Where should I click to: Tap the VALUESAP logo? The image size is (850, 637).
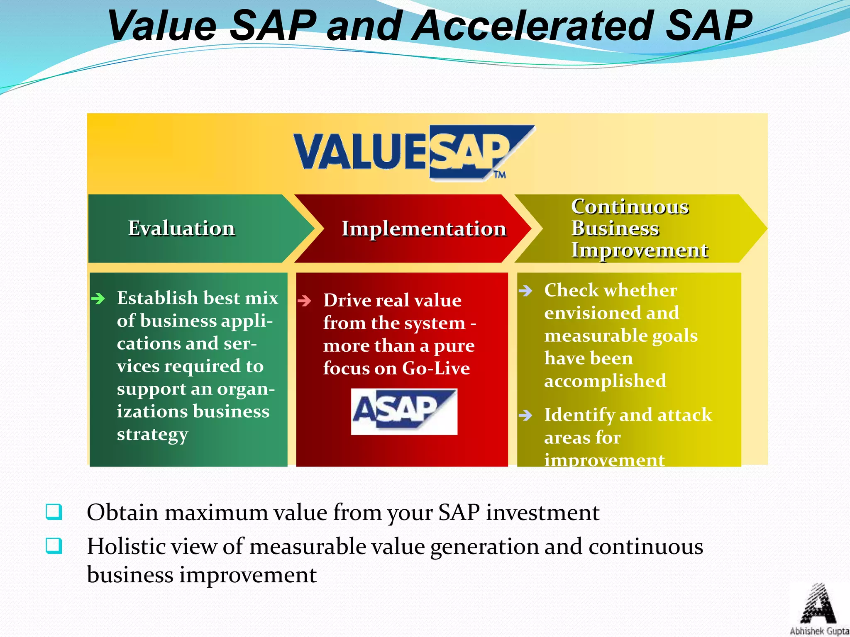point(413,153)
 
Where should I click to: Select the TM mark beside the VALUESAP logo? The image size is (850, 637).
point(500,175)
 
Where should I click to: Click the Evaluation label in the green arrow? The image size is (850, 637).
point(181,229)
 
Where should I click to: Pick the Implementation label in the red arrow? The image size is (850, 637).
point(424,229)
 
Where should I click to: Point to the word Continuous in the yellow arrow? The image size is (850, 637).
point(630,207)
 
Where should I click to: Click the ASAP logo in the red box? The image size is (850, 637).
point(404,411)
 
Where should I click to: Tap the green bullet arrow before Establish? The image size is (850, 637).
point(98,298)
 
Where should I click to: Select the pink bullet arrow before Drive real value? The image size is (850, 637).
point(304,301)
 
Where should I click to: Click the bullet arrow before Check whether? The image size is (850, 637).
point(525,290)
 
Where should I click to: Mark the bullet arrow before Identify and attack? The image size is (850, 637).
point(525,415)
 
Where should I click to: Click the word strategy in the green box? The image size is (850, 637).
point(152,435)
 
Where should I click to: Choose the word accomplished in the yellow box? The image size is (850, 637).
point(605,381)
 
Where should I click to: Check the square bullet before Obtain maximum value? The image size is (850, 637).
point(54,512)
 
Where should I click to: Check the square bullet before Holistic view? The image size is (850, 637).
point(54,546)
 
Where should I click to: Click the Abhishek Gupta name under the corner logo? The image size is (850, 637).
point(819,631)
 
